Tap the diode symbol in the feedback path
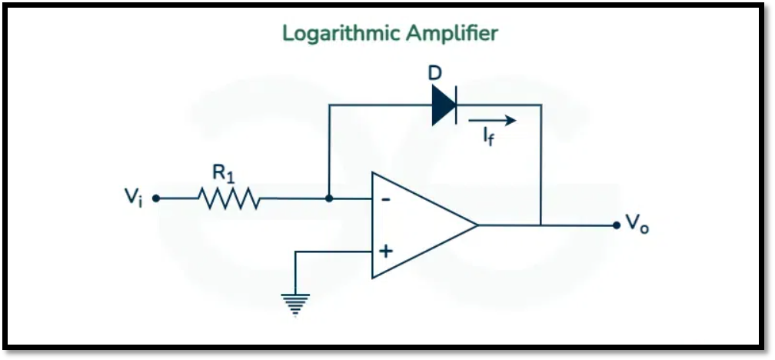click(444, 105)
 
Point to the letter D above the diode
click(435, 75)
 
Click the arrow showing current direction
click(492, 120)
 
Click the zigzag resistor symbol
click(229, 198)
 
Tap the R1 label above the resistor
click(223, 174)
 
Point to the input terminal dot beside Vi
click(156, 198)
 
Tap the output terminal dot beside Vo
click(617, 225)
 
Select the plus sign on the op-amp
click(386, 251)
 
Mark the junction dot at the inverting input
click(329, 198)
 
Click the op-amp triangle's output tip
click(477, 225)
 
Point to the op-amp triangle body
click(415, 225)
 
